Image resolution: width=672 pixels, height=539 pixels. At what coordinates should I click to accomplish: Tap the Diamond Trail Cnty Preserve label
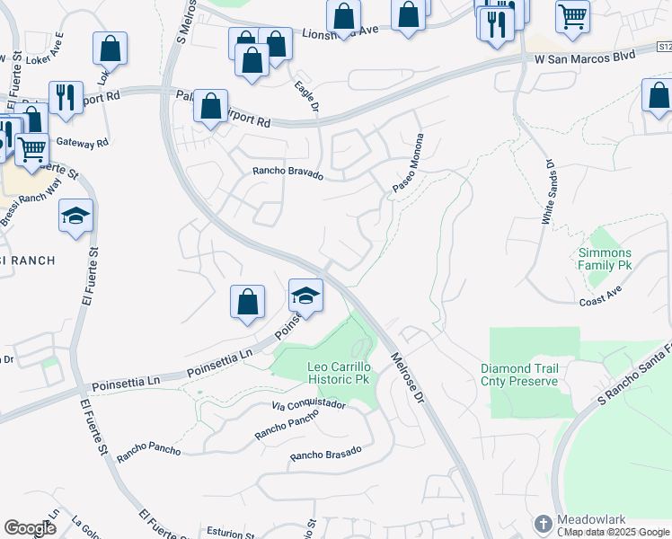point(519,375)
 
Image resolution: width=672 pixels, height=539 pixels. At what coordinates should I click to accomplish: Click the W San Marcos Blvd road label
point(585,57)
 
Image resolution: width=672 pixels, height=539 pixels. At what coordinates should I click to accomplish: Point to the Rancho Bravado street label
point(287,173)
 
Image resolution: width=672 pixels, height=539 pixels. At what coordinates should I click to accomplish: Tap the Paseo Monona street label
point(407,163)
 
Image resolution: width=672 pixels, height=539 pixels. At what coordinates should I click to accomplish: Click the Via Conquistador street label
point(308,405)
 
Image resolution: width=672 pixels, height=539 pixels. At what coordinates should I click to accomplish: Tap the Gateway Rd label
point(82,142)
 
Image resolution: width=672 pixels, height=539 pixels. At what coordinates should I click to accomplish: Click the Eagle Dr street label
point(308,97)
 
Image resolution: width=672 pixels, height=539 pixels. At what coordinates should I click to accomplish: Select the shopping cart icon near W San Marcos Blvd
point(572,15)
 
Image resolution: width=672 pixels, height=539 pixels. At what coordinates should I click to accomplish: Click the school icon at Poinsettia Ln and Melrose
point(305,296)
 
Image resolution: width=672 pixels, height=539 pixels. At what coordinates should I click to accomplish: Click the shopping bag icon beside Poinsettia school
point(247,302)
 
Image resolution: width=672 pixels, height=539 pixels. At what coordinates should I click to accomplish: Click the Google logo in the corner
point(31,527)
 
